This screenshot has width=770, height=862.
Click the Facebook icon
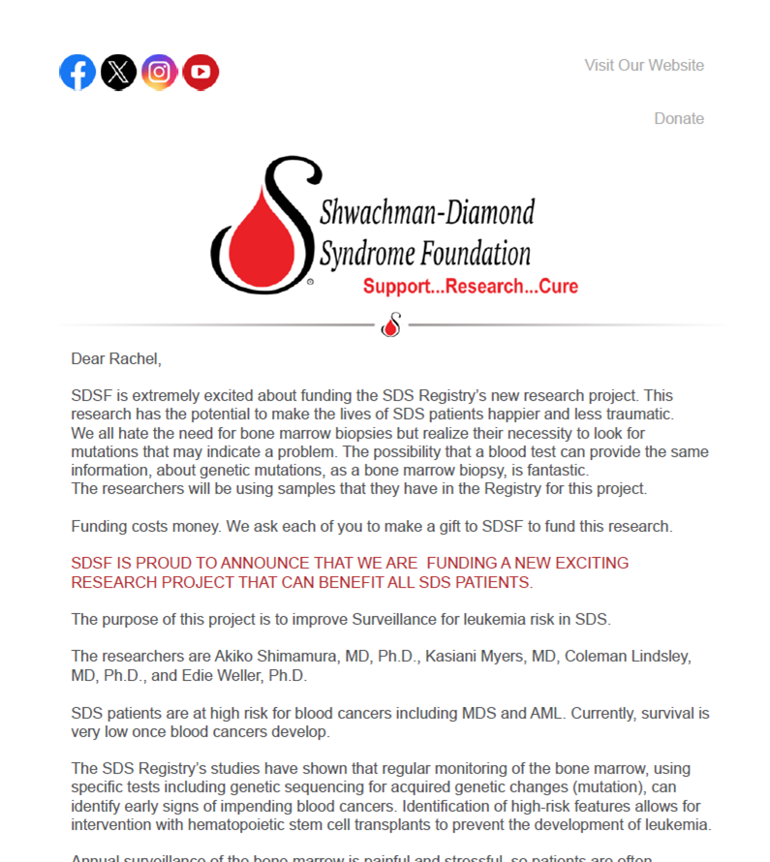click(x=77, y=72)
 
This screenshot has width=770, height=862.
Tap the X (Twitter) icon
click(x=119, y=72)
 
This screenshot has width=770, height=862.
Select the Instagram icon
click(x=160, y=72)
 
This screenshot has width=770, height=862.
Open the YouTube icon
click(x=200, y=72)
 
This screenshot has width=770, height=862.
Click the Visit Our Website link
click(x=644, y=66)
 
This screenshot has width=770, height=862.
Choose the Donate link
click(x=679, y=118)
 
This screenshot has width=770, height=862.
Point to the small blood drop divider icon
click(x=391, y=325)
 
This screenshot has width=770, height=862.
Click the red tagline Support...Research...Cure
click(x=471, y=286)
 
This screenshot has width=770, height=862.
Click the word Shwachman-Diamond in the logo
click(x=426, y=211)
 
